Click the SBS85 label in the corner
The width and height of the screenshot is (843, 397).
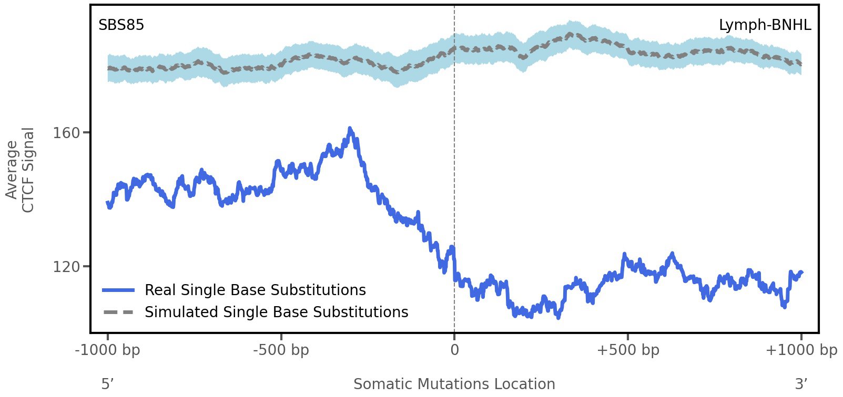(121, 25)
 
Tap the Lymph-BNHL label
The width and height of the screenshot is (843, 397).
(765, 25)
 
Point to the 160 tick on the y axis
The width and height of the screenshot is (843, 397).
(67, 133)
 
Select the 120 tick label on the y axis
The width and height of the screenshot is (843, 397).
(67, 267)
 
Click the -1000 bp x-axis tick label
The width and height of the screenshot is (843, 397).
(108, 350)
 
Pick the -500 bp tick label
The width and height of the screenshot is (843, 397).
(281, 350)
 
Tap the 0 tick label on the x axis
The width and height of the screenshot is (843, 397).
(454, 350)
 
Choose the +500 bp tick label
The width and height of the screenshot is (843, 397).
(628, 350)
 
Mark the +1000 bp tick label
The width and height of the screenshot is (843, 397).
(801, 350)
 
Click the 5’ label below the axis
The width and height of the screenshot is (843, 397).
(108, 384)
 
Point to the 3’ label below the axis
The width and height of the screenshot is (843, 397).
(801, 384)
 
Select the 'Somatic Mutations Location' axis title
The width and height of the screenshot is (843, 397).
(454, 384)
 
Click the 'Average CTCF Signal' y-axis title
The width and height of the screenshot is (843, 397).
(21, 170)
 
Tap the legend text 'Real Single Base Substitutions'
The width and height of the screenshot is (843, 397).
(255, 290)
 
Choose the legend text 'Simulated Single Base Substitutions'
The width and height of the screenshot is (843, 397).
(276, 312)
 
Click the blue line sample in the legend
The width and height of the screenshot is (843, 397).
(119, 290)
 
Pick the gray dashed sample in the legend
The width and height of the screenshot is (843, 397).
(119, 312)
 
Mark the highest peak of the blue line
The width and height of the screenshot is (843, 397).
(350, 129)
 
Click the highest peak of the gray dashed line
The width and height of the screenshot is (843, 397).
(570, 34)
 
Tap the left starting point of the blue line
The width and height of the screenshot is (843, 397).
(108, 203)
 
